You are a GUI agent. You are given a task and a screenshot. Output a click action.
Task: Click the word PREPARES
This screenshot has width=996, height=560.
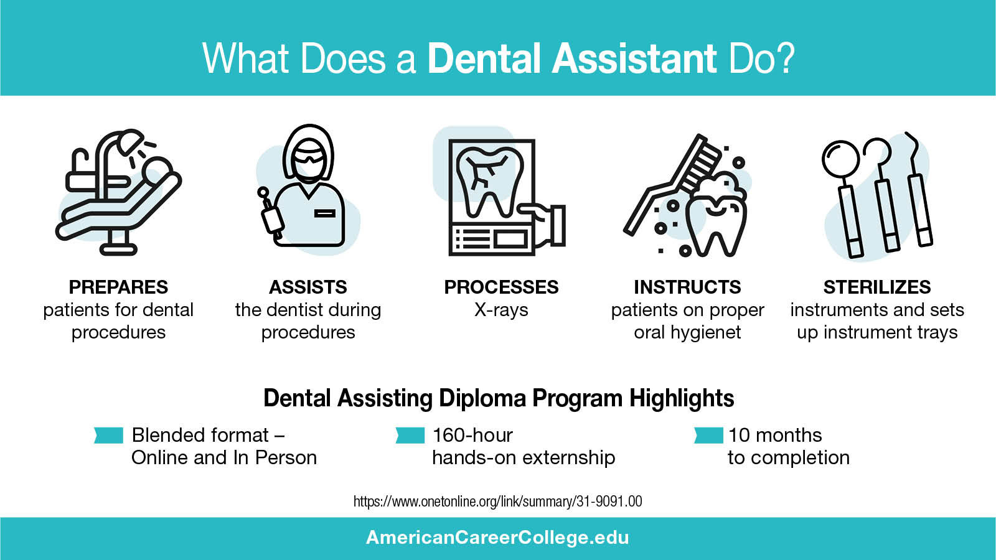coord(118,287)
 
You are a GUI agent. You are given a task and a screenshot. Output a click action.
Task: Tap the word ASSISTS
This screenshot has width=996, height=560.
coord(308,287)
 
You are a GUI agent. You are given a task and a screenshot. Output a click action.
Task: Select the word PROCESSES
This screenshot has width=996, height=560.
coord(501,287)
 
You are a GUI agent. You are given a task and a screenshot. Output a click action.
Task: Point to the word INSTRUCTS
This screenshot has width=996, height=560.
coord(687,287)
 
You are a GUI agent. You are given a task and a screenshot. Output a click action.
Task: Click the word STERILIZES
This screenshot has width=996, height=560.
coord(876,287)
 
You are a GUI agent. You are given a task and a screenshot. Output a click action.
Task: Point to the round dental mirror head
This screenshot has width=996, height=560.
coord(840,159)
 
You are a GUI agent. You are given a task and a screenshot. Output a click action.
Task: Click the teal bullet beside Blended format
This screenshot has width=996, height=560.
coord(109,435)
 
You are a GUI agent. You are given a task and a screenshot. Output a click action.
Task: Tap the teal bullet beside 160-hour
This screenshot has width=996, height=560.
coord(410,435)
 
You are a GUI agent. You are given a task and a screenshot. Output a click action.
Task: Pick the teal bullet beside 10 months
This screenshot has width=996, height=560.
coord(708,435)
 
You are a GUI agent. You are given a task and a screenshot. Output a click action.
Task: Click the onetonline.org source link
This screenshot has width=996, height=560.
coord(497,502)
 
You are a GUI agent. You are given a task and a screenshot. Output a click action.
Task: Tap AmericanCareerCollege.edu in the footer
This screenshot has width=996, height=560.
coord(497,538)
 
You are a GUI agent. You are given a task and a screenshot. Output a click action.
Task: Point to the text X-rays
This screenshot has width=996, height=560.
coord(501,310)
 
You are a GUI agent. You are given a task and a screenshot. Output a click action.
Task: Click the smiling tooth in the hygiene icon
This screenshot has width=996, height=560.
coord(716,218)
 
